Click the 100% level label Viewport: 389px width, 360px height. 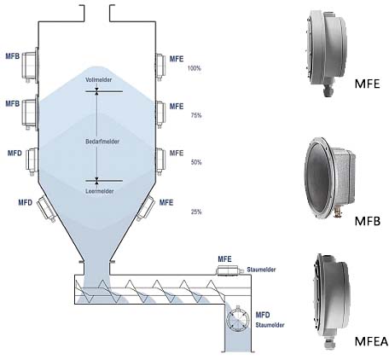pos(194,68)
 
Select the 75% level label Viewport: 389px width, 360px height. pos(196,115)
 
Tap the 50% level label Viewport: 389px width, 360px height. pos(196,162)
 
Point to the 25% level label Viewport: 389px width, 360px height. pos(196,212)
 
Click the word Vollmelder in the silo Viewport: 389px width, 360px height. pos(98,79)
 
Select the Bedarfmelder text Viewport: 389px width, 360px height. pos(102,141)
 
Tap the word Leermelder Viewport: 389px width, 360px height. pos(100,191)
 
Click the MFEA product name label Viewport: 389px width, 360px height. pos(371,341)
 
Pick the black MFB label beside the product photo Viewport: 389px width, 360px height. pos(368,221)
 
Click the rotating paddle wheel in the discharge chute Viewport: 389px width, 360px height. pos(237,319)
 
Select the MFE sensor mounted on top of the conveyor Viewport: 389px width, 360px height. pos(229,270)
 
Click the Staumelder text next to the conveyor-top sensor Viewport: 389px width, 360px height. pos(261,270)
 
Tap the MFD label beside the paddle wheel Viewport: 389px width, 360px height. pos(263,315)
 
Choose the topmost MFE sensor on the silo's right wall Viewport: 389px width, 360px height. pos(160,67)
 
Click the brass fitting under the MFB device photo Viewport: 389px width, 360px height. pos(338,212)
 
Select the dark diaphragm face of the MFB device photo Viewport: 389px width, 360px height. pos(318,177)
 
